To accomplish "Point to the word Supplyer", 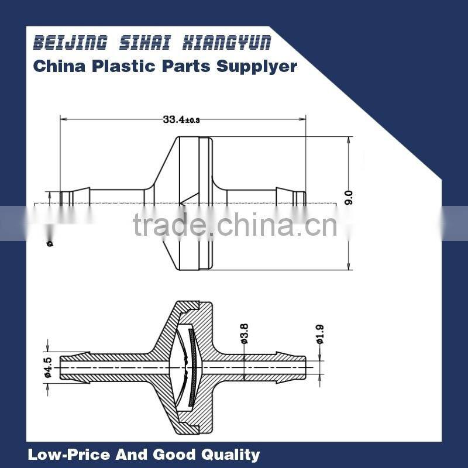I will click(x=257, y=66).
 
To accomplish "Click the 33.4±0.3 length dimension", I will click(x=181, y=119).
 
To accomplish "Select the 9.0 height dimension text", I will click(x=349, y=198).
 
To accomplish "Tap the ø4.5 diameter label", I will click(x=49, y=367).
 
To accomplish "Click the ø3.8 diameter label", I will click(x=245, y=333).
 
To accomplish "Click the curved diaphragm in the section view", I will click(x=188, y=366).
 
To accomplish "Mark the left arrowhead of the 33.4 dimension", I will click(x=63, y=119).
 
